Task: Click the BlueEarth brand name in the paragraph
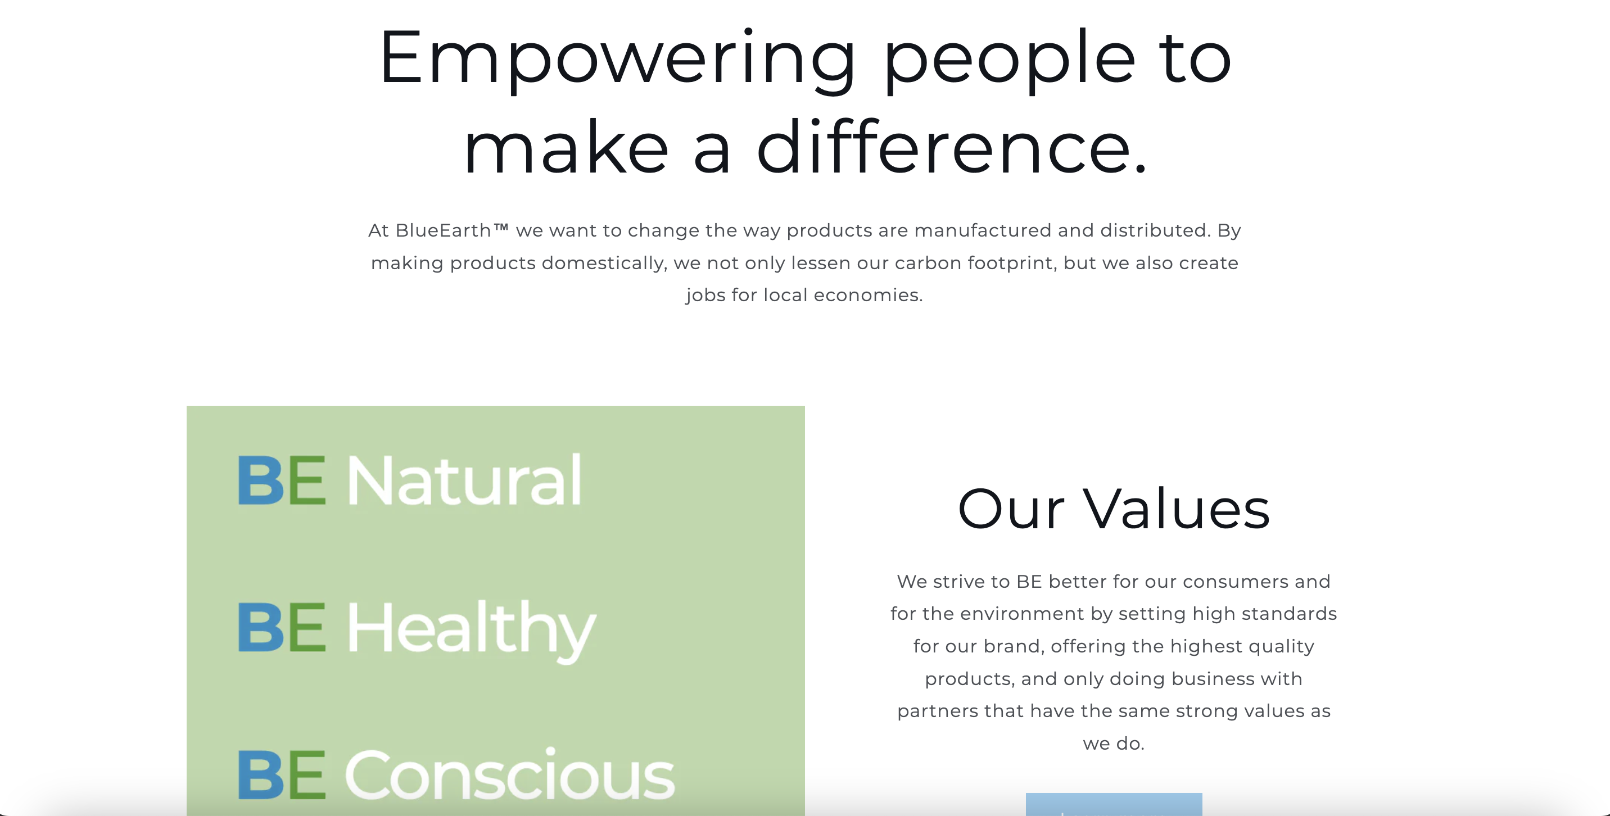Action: [443, 230]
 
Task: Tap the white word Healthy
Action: [471, 629]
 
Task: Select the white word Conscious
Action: [509, 775]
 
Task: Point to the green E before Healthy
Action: [307, 627]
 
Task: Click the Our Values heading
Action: [1114, 509]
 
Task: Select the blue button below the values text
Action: [1114, 804]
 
